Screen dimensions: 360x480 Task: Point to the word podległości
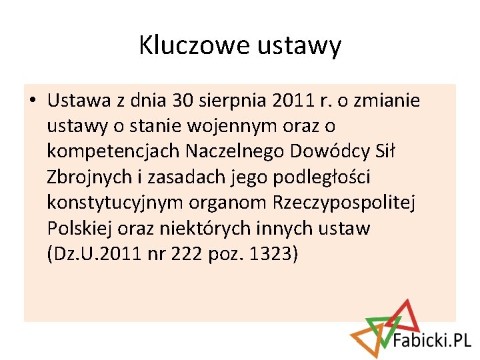(330, 178)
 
